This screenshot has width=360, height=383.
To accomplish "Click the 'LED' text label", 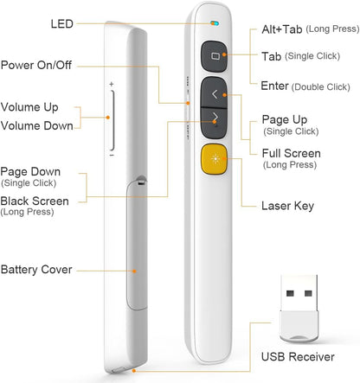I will (x=61, y=23).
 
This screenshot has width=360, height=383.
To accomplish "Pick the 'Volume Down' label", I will (x=37, y=124).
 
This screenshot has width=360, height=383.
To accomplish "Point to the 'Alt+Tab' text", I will (x=281, y=29).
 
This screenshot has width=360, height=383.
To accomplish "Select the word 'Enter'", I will (x=274, y=86).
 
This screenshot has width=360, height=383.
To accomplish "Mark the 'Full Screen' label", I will (x=291, y=152).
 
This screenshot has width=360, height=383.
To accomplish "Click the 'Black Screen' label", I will (x=35, y=201).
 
